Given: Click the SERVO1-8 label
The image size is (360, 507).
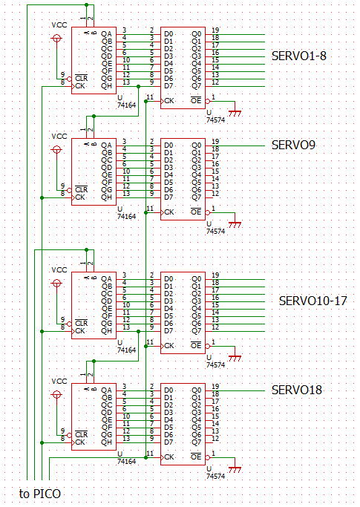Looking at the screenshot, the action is point(299,56).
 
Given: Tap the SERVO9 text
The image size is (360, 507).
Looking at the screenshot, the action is point(293,145).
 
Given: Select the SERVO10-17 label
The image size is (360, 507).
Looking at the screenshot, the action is point(312,301).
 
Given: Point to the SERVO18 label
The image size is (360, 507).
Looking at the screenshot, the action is point(297,390).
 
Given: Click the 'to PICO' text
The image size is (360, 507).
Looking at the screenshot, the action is point(40,494).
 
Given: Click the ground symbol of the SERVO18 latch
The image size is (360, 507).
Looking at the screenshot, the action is point(235,469).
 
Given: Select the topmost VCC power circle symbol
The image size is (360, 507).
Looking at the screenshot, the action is point(56,39).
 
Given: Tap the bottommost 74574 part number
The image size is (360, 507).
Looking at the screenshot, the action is point(216,477).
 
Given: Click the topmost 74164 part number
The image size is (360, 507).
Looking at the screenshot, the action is point(126,105).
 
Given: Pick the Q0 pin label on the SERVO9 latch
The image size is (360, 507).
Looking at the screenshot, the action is point(197,145).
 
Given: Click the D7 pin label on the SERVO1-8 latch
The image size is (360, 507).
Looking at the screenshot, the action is point(168,86).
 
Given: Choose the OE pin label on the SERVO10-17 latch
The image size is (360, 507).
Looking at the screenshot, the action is point(196,346).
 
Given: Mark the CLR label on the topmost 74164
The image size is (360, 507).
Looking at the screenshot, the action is point(81,79).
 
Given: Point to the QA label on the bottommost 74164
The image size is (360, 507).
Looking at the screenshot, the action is point(106,390).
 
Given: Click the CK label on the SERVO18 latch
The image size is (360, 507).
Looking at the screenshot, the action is point(169,457).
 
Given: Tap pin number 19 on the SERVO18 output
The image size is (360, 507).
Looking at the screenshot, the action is point(215,387).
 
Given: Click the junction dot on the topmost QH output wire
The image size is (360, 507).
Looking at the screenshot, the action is point(139,87).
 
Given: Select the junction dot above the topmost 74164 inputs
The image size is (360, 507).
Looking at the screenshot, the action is point(86,5).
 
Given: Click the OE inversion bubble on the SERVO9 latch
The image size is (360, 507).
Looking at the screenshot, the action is point(208,213).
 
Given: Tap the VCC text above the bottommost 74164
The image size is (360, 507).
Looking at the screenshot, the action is point(59,382).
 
